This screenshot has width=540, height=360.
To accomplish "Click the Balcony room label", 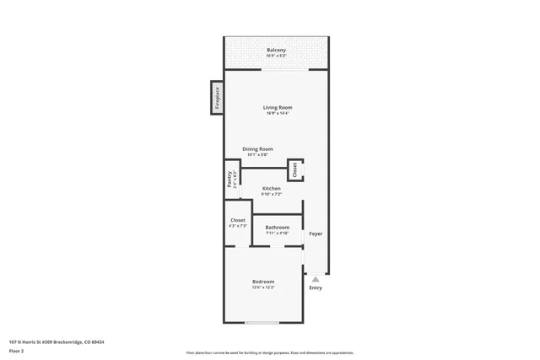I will tap(276, 51).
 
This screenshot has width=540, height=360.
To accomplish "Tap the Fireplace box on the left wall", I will tap(216, 98).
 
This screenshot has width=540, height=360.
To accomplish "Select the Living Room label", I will tap(277, 107).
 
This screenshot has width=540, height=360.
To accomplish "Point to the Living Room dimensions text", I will tap(277, 114).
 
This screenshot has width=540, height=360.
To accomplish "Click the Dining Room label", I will tap(257, 149).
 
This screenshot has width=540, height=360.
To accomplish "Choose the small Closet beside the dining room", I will tap(295, 169).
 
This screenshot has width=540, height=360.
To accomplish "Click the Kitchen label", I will tap(271, 188).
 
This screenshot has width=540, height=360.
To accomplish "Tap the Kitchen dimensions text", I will tap(271, 195).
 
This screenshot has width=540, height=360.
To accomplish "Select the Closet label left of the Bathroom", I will tap(237, 220).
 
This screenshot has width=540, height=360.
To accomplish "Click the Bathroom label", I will tap(277, 227).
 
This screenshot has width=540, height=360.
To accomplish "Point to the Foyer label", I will tap(315, 234).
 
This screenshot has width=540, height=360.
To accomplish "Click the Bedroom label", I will tap(262, 281).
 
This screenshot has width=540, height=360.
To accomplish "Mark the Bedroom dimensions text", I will tap(262, 287).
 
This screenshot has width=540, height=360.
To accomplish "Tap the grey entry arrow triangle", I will tap(315, 278).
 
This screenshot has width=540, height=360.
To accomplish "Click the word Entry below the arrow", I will tap(315, 288).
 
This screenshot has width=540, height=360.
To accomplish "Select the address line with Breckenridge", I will tap(62, 341).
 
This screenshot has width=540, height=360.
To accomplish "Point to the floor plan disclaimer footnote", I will tap(269, 352).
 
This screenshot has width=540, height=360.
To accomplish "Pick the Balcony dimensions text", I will tap(276, 56).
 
